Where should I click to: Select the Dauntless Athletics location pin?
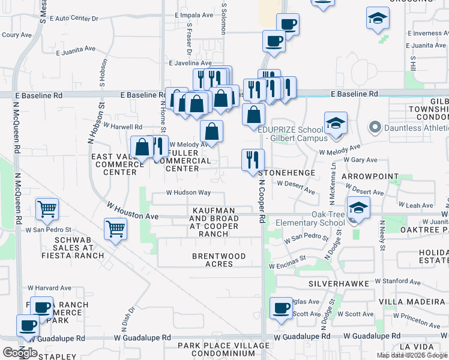[375, 127]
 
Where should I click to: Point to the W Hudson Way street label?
[188, 193]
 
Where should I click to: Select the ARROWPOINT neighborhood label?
[370, 176]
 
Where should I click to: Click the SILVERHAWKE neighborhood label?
[333, 283]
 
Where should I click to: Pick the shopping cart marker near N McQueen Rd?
[47, 209]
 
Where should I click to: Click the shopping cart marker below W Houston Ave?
[115, 229]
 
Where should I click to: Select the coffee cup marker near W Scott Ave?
[280, 308]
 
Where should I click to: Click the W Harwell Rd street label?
[122, 127]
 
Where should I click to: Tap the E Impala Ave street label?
[193, 15]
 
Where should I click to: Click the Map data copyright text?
[412, 355]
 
